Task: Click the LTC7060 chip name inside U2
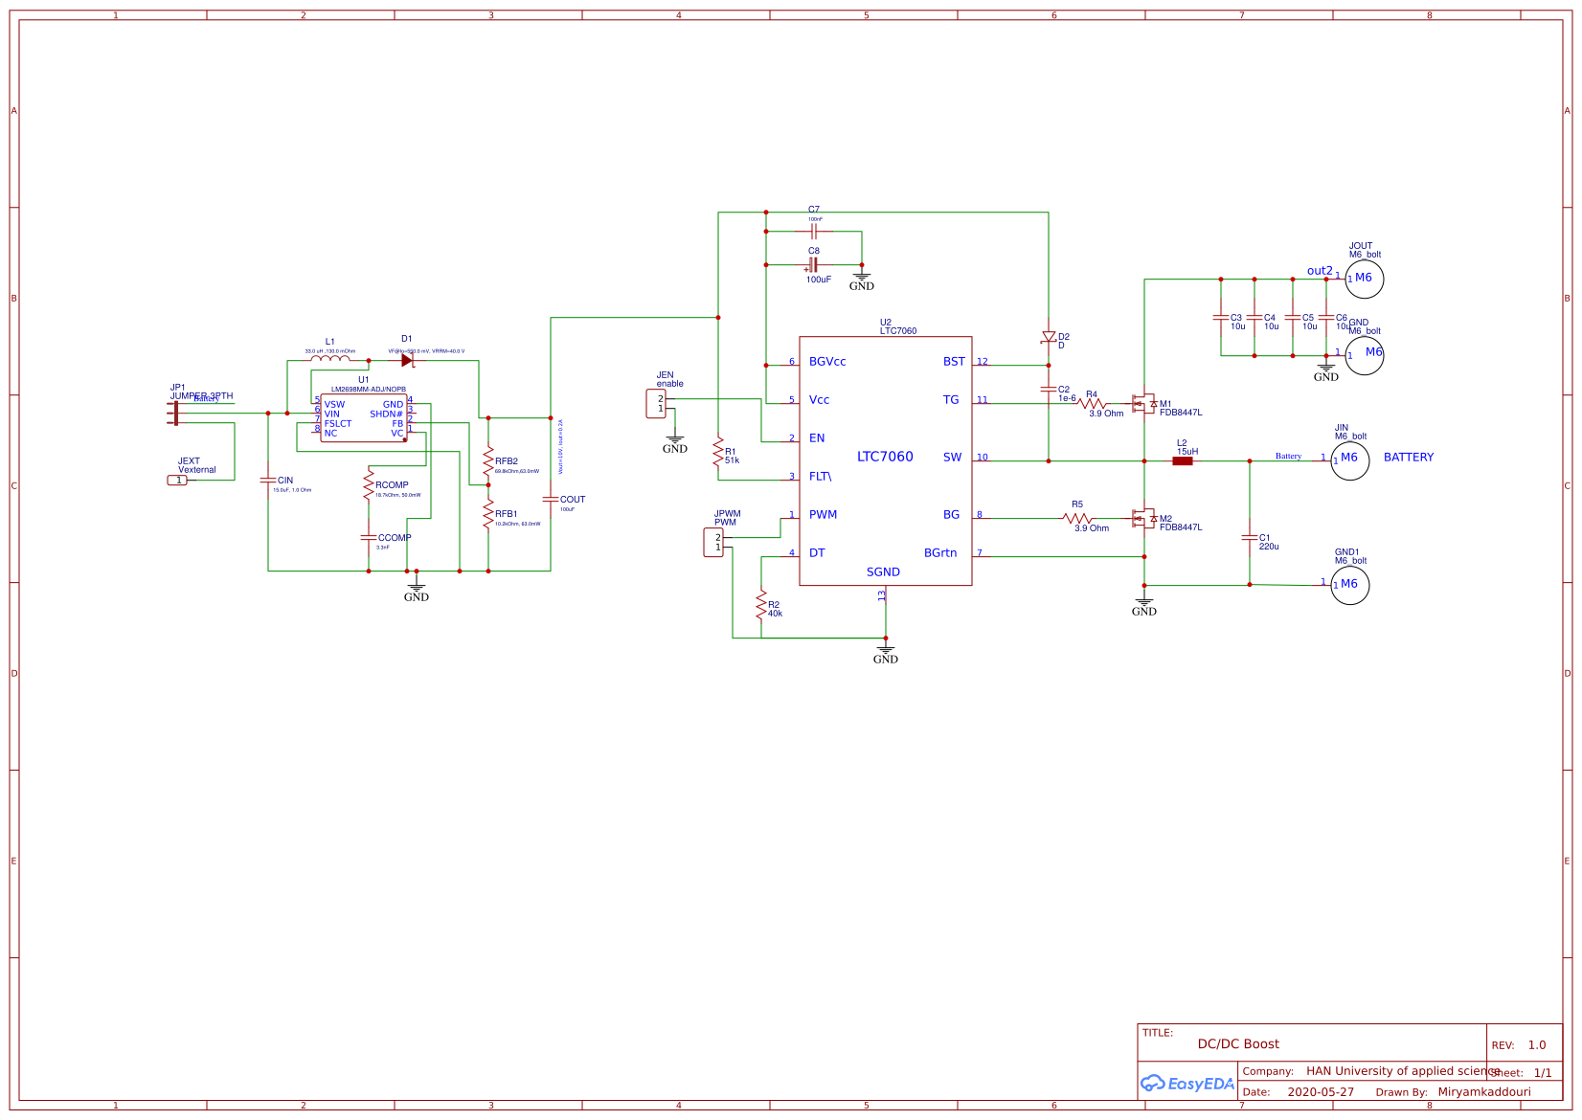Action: [885, 457]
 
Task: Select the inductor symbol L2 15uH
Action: [1183, 460]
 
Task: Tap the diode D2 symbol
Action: [1049, 337]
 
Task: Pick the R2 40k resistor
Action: [761, 606]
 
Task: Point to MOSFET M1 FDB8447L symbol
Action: [1142, 403]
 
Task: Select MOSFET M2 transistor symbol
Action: [1142, 518]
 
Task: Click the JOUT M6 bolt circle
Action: [1364, 279]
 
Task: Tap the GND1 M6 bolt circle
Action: [1349, 585]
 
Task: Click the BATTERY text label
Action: [1408, 458]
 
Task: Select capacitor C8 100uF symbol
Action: [813, 265]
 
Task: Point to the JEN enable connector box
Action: [656, 404]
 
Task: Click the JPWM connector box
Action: [713, 543]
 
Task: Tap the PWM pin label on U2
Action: [823, 515]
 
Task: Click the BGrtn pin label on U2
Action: [939, 553]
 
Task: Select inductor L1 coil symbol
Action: [330, 360]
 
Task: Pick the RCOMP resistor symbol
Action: [368, 484]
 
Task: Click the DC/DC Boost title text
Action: [1237, 1044]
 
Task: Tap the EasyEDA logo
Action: [1186, 1084]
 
